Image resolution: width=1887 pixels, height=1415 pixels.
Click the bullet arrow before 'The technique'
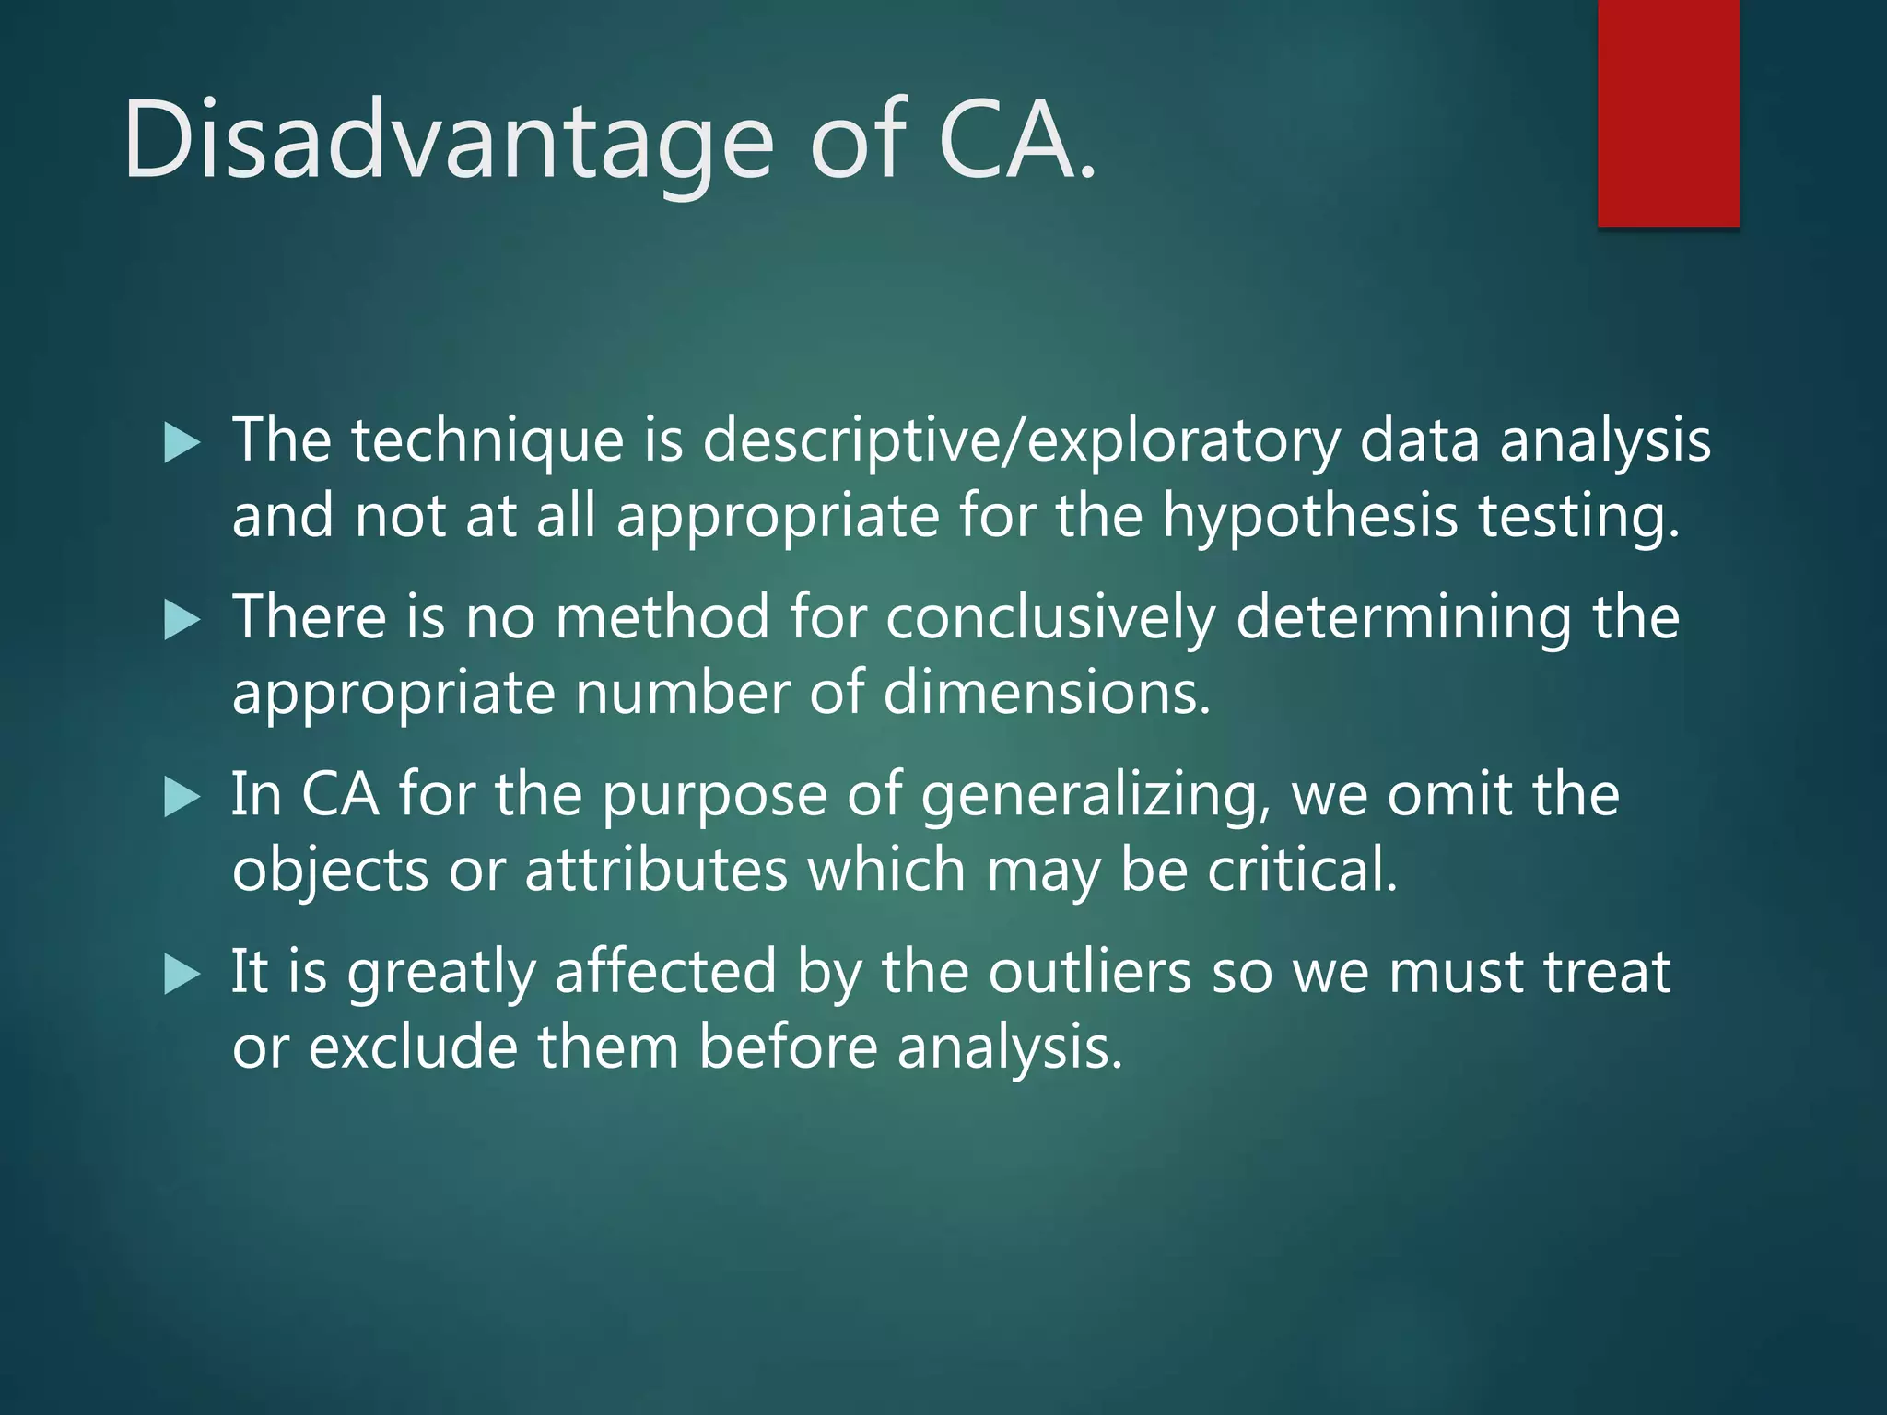(x=182, y=443)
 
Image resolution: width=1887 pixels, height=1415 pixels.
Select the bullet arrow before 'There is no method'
(x=182, y=620)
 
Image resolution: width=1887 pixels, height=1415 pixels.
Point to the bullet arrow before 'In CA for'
(x=182, y=797)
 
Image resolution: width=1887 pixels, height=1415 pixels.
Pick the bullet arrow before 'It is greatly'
(x=182, y=975)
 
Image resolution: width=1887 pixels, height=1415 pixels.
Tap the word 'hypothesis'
(x=1309, y=516)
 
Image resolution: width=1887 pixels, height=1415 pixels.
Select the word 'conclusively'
(x=1050, y=617)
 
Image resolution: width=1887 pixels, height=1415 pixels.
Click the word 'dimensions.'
(x=1047, y=693)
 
